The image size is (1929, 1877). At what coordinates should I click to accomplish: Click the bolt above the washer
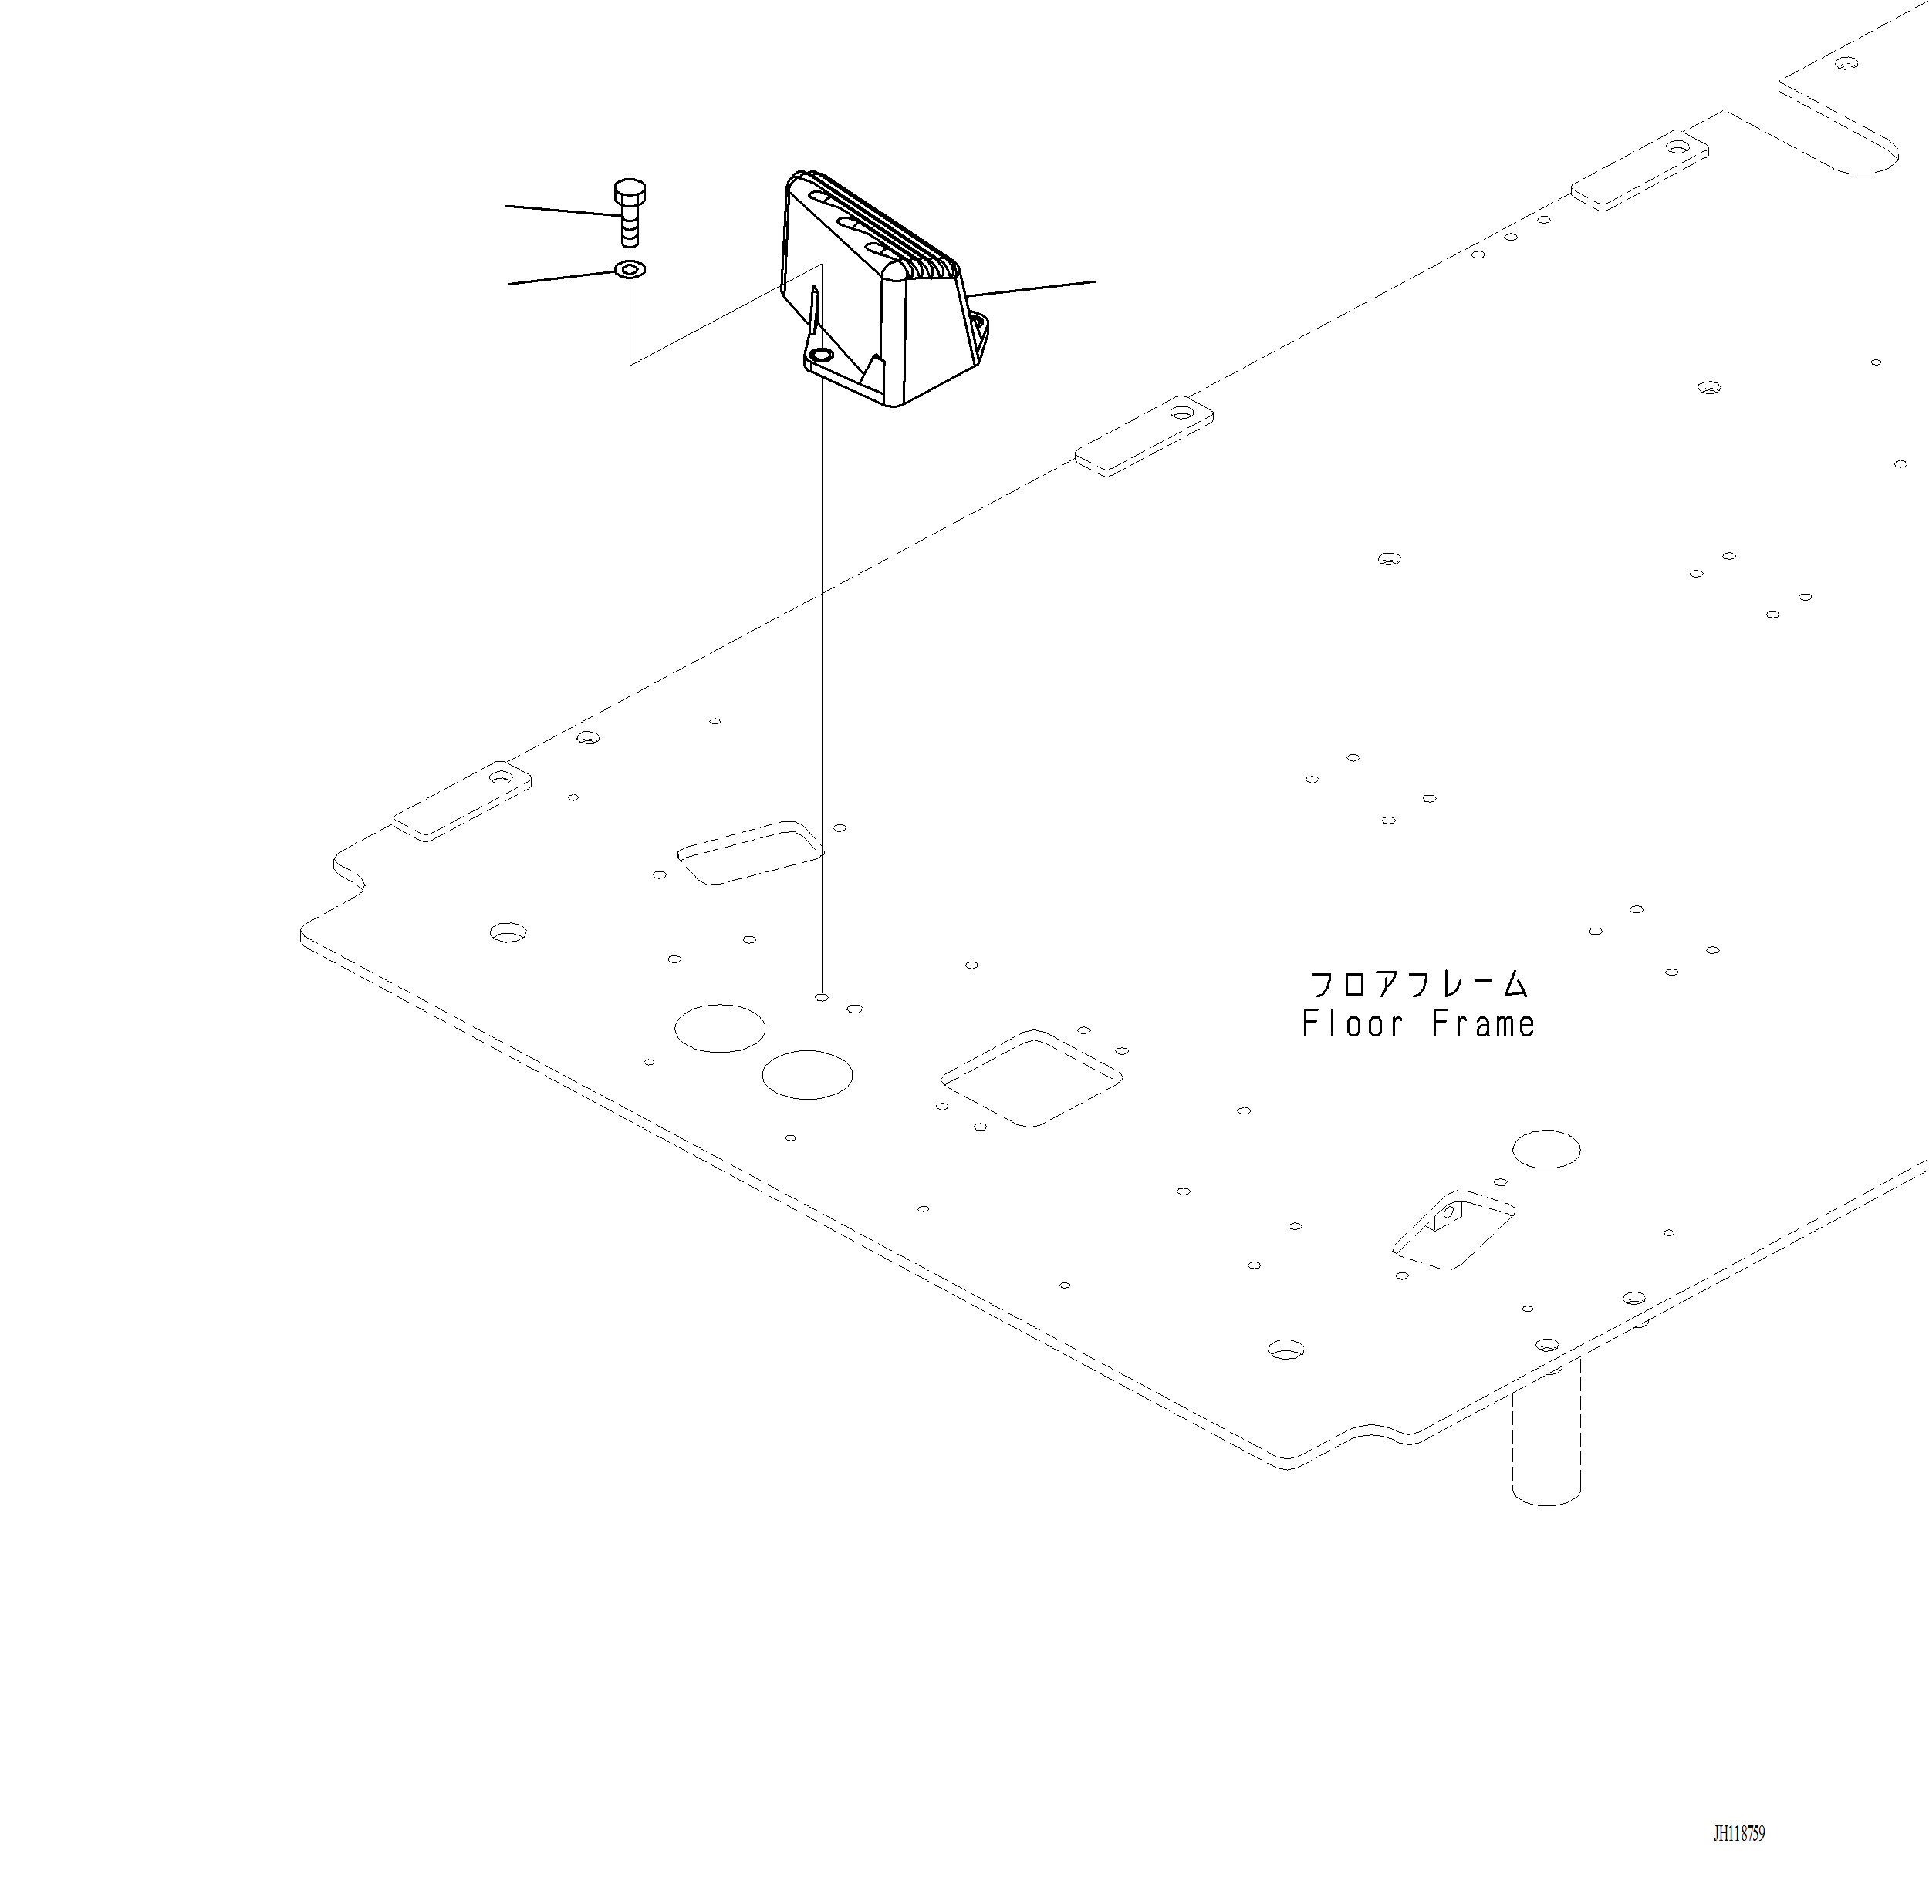[629, 213]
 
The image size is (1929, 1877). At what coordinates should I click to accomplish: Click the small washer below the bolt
[629, 269]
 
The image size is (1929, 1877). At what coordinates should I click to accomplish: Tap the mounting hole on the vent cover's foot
[819, 355]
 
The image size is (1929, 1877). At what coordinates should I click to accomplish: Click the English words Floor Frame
[1417, 1024]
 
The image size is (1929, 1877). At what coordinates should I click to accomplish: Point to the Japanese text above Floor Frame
[1417, 984]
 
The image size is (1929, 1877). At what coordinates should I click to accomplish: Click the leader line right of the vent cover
[1031, 288]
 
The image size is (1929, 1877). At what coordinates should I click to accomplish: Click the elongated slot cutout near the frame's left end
[749, 853]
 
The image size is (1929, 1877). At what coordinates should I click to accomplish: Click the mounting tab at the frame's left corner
[461, 801]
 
